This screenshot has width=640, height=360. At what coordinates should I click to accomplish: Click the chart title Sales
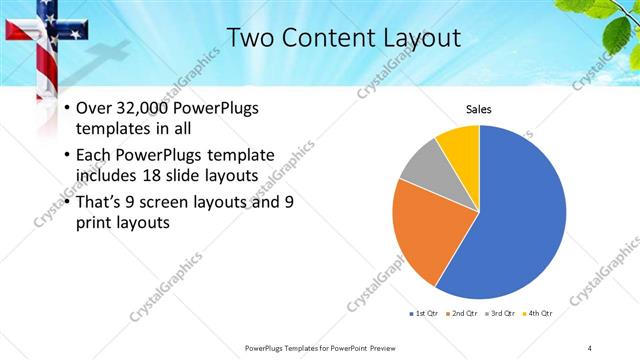point(480,110)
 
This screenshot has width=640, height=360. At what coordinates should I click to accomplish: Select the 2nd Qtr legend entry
point(461,313)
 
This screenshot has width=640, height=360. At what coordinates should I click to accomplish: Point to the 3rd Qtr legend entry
point(499,313)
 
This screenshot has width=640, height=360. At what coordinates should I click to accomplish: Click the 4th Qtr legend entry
point(538,313)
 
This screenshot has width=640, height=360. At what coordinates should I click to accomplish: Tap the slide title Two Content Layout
point(344,38)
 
